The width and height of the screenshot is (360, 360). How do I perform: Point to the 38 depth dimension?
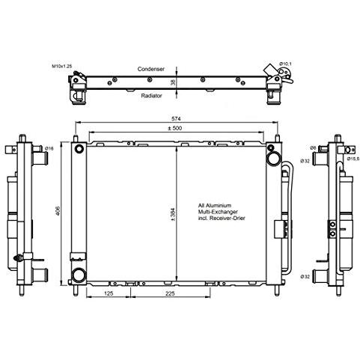click(173, 82)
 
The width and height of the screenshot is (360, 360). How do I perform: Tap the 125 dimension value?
click(110, 294)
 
